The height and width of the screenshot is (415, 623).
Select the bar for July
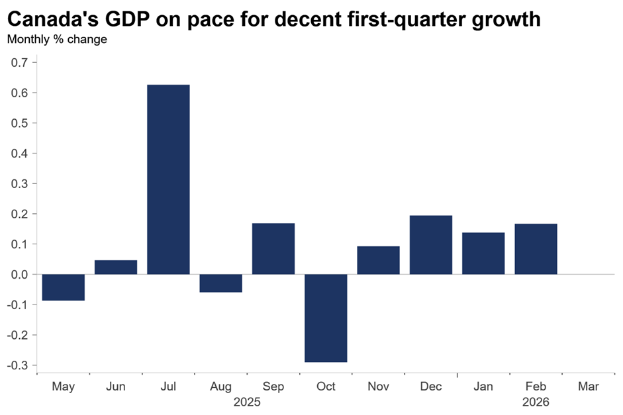click(x=168, y=179)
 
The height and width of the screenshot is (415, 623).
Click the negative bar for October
click(x=326, y=318)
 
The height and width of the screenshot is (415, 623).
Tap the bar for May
click(x=63, y=287)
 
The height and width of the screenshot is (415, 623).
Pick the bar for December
click(x=431, y=245)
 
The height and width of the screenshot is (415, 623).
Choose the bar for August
click(x=220, y=283)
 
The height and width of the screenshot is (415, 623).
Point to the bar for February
click(x=536, y=249)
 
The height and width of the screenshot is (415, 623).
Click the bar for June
click(x=116, y=267)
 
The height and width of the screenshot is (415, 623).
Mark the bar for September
click(x=273, y=249)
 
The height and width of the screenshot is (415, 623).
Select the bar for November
click(x=378, y=260)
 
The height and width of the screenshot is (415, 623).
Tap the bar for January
click(x=483, y=254)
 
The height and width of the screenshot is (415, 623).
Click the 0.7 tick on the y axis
click(x=20, y=63)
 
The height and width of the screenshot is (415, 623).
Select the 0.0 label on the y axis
click(x=20, y=275)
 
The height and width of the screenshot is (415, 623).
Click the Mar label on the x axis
click(x=588, y=387)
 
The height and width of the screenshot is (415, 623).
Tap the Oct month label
click(x=326, y=387)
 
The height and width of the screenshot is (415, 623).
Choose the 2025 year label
click(x=247, y=402)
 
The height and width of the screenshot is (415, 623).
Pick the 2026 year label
click(x=536, y=402)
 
